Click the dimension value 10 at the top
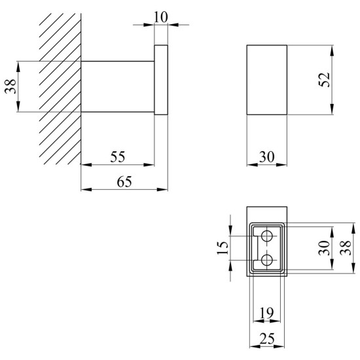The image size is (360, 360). click(x=161, y=17)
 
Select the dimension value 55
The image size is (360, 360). click(x=118, y=157)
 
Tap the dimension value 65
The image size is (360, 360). click(x=124, y=182)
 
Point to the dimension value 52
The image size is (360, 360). click(x=324, y=80)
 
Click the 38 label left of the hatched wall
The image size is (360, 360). click(x=10, y=86)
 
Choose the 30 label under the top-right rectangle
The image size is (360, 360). click(x=267, y=157)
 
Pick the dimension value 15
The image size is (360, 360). click(x=223, y=247)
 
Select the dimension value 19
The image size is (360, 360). click(x=266, y=313)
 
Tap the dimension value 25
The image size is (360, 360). click(x=267, y=338)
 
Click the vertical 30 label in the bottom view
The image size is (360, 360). click(x=324, y=248)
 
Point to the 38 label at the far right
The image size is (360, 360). click(x=346, y=248)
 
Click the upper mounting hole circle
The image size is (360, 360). click(x=267, y=236)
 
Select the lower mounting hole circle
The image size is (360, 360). click(x=267, y=260)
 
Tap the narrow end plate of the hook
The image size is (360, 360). click(x=161, y=80)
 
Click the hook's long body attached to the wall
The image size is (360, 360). click(x=117, y=86)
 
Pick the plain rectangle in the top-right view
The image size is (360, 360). click(x=267, y=80)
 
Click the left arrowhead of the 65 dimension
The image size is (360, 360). click(x=86, y=189)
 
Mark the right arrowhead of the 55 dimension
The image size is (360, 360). click(x=149, y=164)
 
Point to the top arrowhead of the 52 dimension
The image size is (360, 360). click(x=332, y=50)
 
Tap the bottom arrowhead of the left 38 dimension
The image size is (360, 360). click(x=18, y=107)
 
